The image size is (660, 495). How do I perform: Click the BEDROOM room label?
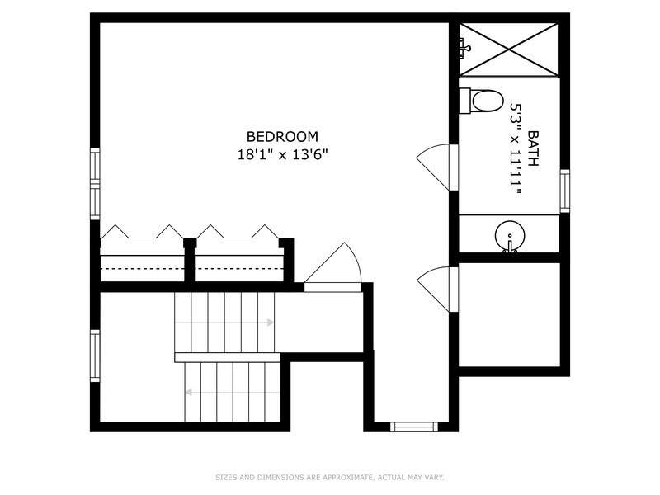click(x=282, y=137)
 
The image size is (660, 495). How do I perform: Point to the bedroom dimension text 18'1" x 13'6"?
click(x=282, y=155)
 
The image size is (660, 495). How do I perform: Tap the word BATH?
click(x=533, y=148)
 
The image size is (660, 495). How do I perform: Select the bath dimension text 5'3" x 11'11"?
click(x=516, y=148)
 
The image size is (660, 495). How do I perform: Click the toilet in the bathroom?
click(x=481, y=101)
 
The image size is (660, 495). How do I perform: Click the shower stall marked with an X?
click(x=509, y=49)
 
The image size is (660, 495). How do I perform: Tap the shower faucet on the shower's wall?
click(x=464, y=46)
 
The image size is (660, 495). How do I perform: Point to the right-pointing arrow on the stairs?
click(x=224, y=323)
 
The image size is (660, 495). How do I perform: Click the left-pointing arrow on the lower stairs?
click(x=233, y=393)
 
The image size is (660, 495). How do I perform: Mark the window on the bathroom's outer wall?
click(x=564, y=191)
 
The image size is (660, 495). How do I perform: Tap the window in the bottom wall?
click(x=414, y=427)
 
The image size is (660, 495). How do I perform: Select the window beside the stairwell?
click(x=95, y=356)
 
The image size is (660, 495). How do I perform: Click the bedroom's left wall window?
click(x=95, y=183)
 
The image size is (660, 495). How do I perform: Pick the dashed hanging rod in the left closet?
click(x=142, y=268)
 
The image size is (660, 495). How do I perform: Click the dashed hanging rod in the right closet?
click(x=239, y=268)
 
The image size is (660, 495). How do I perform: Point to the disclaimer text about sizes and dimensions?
click(x=330, y=478)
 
